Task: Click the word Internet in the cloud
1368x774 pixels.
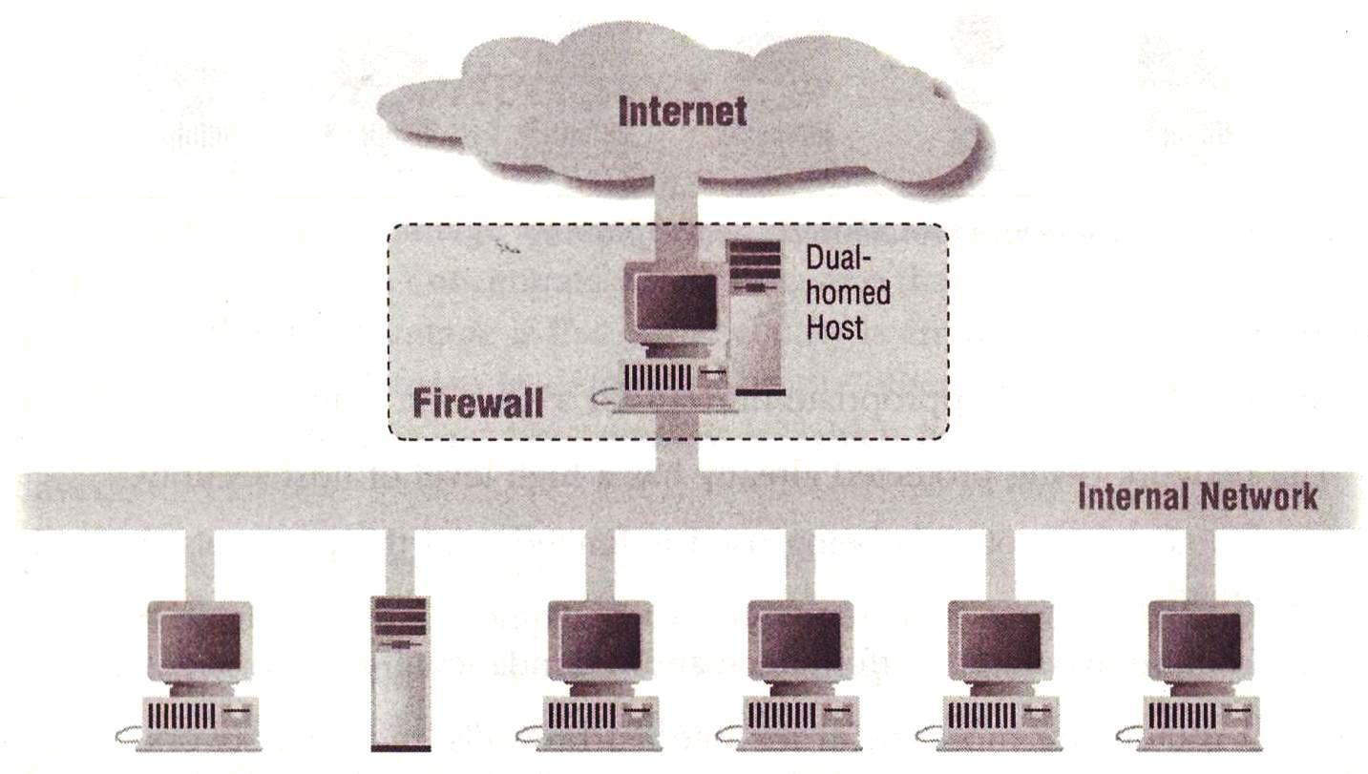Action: (682, 112)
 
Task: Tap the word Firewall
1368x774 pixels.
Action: (477, 403)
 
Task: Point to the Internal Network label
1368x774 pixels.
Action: (1197, 496)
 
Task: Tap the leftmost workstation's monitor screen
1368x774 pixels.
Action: (200, 638)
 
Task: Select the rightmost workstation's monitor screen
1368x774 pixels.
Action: (1200, 638)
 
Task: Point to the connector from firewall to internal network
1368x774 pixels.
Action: (678, 454)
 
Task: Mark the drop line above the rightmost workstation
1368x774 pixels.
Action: (1200, 563)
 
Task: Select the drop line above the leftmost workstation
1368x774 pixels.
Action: (200, 563)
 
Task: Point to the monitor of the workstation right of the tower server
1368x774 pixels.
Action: (599, 638)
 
